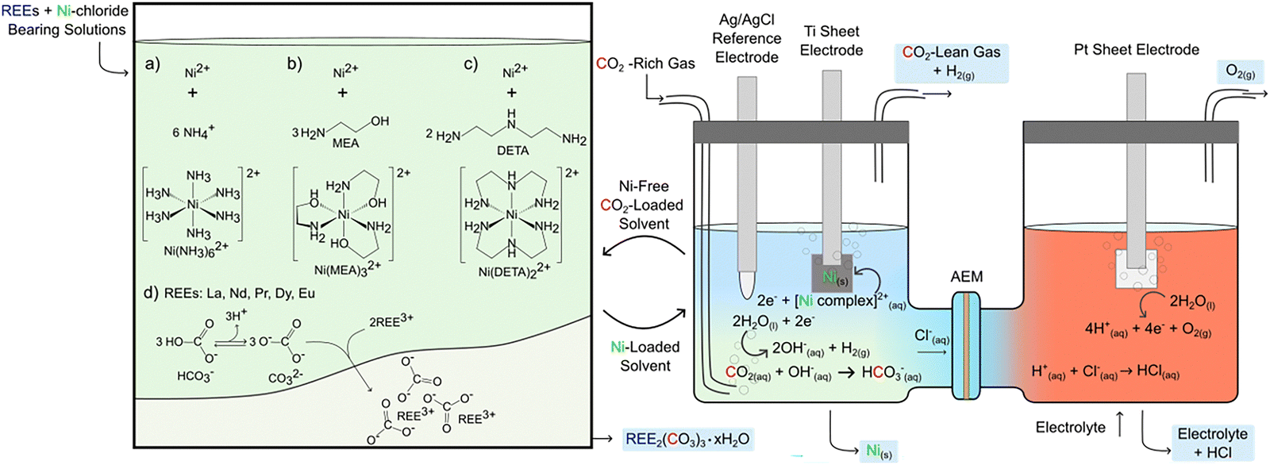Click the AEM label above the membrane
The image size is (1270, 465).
click(966, 277)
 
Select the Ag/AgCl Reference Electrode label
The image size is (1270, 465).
click(746, 38)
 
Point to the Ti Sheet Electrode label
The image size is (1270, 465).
click(831, 40)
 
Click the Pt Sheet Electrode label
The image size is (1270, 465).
click(1136, 49)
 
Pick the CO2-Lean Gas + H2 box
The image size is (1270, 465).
click(952, 62)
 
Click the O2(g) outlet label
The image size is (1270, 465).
click(1240, 71)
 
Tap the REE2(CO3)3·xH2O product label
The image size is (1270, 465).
click(687, 439)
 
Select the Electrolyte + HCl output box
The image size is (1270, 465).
click(1212, 443)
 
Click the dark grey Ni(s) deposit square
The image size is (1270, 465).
click(832, 274)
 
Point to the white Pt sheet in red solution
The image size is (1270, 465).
click(1135, 269)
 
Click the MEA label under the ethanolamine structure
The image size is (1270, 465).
click(345, 143)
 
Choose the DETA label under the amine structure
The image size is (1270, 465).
click(512, 150)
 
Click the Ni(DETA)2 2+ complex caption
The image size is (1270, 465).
click(514, 270)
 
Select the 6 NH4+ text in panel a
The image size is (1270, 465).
click(193, 132)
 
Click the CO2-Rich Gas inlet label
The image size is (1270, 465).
click(645, 63)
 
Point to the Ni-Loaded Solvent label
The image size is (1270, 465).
click(645, 356)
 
